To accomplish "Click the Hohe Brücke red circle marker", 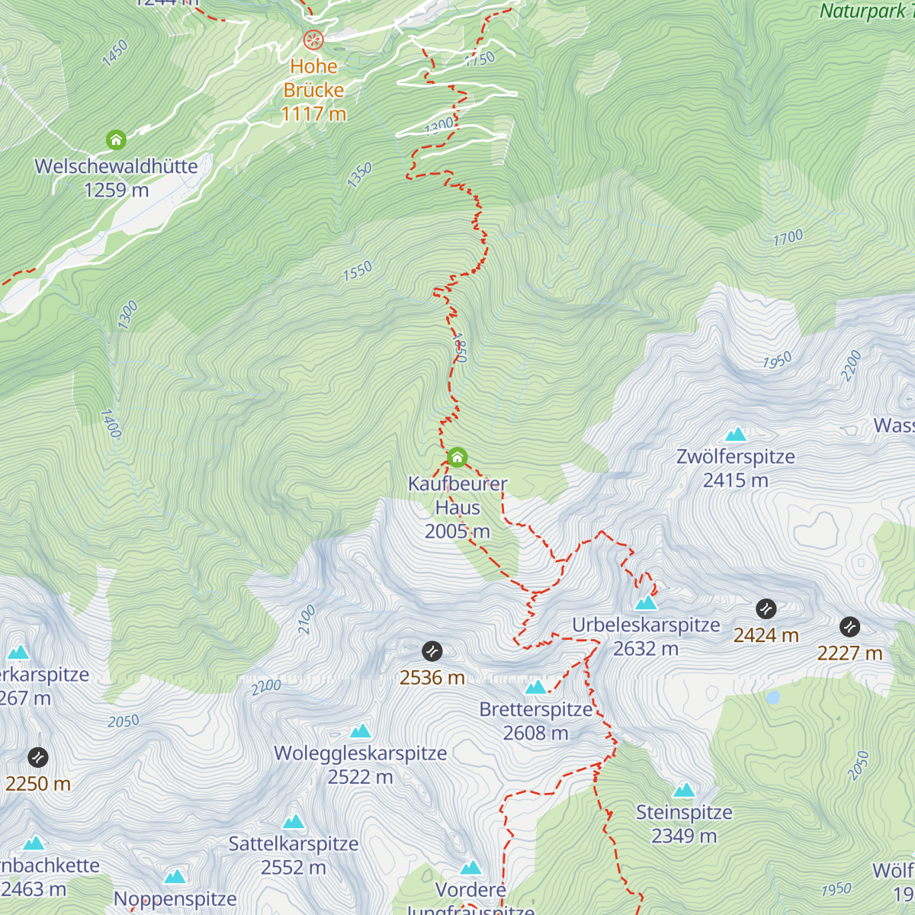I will coord(313,40).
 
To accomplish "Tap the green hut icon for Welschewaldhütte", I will coord(116,140).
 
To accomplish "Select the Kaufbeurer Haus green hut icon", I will coord(457,457).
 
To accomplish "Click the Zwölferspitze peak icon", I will coord(736,435).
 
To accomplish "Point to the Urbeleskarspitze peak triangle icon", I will coord(646,603).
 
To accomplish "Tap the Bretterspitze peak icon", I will coord(535,688).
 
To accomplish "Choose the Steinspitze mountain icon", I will coord(684,790).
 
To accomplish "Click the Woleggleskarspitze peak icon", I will coord(360,731).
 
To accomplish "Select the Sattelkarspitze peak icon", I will coord(294,822).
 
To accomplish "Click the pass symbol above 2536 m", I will coord(432,651).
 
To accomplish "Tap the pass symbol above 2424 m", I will coord(766,608).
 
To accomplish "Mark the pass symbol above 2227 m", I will coord(849,627).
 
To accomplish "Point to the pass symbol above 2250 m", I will coord(38,757).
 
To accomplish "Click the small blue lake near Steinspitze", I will coord(773,697).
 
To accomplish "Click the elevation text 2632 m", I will coord(646,649).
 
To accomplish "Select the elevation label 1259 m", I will coord(116,190).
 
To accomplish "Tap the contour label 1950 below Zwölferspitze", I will coord(777,361).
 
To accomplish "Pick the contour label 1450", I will coord(115,53).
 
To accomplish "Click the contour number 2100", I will coord(307,620).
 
